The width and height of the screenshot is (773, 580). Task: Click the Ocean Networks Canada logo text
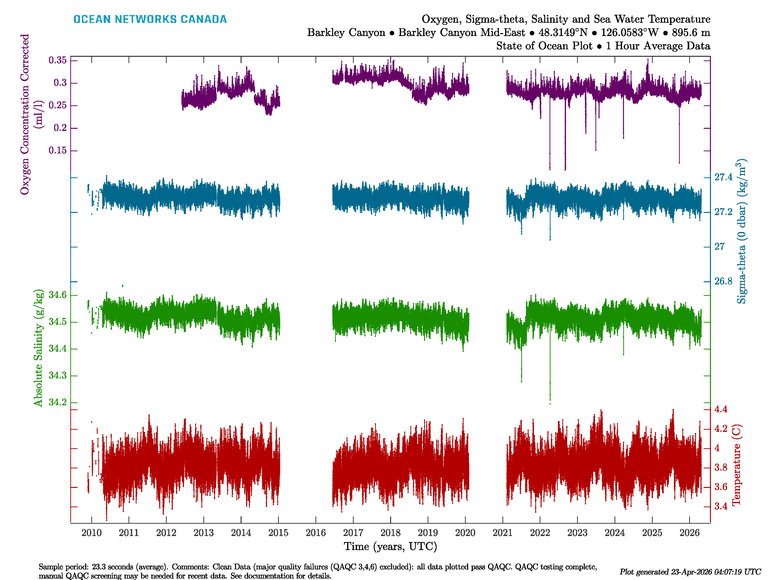click(150, 19)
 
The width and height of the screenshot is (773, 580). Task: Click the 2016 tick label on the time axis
click(315, 533)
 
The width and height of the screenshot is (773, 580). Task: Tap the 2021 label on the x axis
click(502, 533)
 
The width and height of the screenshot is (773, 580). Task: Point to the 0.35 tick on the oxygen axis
click(58, 60)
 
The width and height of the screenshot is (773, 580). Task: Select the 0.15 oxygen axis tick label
click(58, 150)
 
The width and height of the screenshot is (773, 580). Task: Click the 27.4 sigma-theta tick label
click(723, 177)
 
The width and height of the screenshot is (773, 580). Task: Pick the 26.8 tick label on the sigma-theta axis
click(723, 281)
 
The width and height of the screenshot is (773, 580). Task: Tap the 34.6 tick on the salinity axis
click(58, 295)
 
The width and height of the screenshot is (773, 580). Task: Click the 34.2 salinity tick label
click(58, 402)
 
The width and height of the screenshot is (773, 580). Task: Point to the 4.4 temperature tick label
click(721, 409)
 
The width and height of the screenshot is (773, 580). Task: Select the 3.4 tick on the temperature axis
click(721, 506)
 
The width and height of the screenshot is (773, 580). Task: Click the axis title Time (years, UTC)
click(390, 546)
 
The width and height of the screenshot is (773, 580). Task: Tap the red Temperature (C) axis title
click(736, 465)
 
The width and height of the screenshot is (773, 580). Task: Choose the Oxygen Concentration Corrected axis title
click(25, 114)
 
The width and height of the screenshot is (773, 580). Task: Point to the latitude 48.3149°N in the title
click(563, 33)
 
